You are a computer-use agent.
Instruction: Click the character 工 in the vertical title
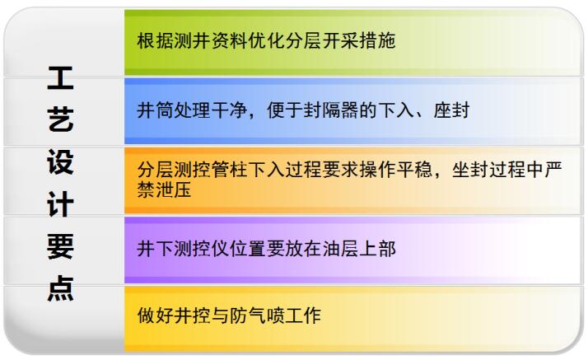click(60, 78)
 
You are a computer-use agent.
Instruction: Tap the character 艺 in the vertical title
click(60, 119)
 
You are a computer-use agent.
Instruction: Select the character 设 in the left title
click(60, 162)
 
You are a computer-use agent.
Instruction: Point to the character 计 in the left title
click(60, 204)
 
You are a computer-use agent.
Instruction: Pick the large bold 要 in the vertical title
click(60, 246)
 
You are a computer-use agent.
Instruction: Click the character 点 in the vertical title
click(60, 288)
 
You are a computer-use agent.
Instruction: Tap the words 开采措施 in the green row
click(359, 40)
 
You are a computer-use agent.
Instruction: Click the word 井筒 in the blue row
click(156, 110)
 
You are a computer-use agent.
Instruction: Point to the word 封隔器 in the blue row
click(331, 110)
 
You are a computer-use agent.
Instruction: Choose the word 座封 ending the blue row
click(451, 110)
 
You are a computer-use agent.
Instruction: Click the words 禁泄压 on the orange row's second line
click(164, 189)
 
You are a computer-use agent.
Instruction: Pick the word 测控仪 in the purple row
click(202, 249)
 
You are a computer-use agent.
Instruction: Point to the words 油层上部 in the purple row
click(359, 249)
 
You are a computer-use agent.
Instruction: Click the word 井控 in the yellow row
click(192, 315)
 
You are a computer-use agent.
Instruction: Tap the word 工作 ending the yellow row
click(303, 315)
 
